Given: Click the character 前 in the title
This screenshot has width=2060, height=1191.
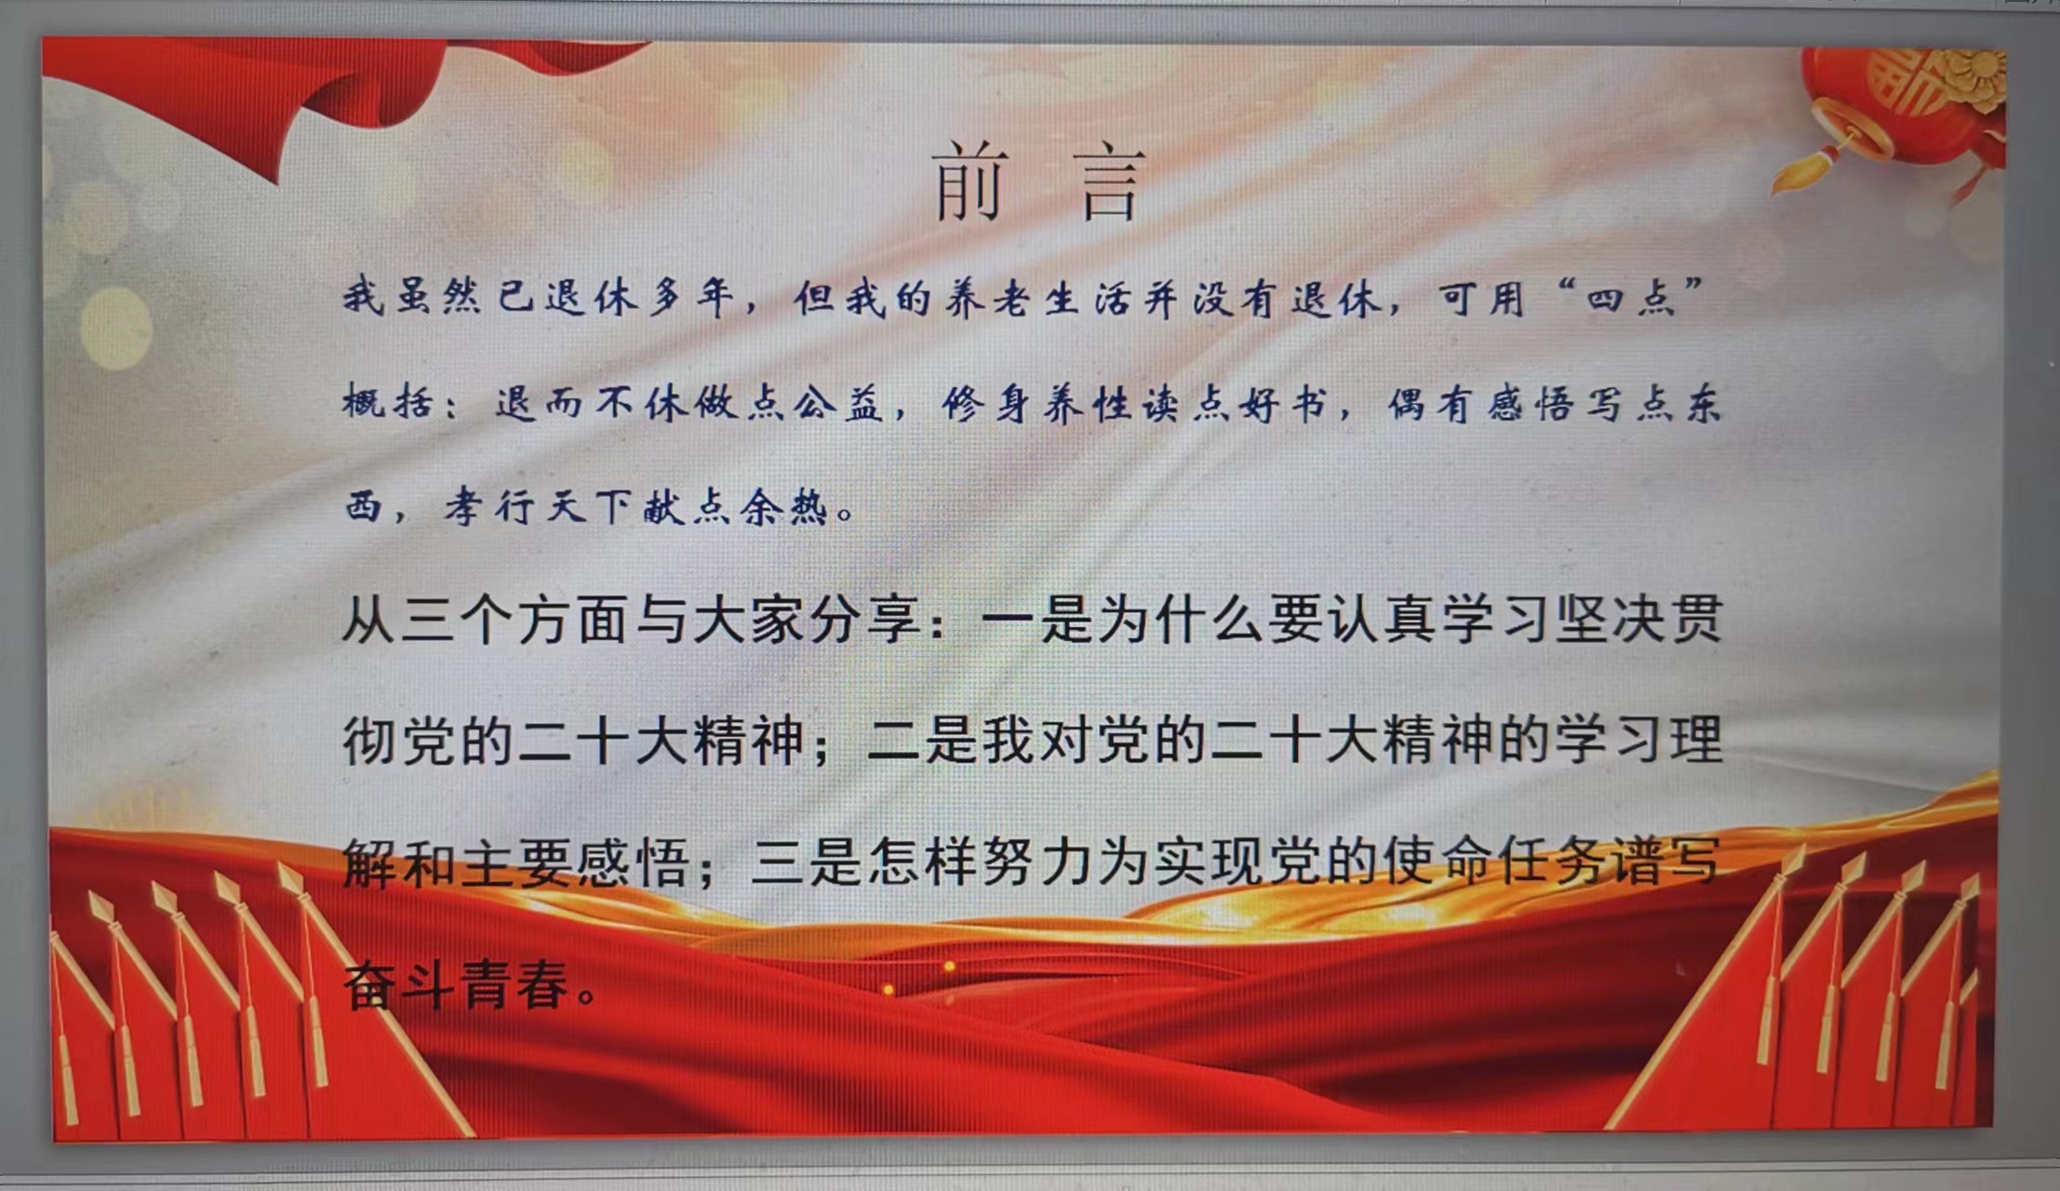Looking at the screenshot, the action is pos(970,181).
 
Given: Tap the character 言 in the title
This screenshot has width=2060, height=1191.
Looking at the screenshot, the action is pos(1111,183).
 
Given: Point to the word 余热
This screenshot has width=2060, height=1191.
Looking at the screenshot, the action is pos(783,507).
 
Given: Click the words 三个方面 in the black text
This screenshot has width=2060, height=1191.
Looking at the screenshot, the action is pos(513,620).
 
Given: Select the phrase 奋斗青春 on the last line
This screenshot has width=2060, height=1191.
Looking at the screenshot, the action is pos(456,985).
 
